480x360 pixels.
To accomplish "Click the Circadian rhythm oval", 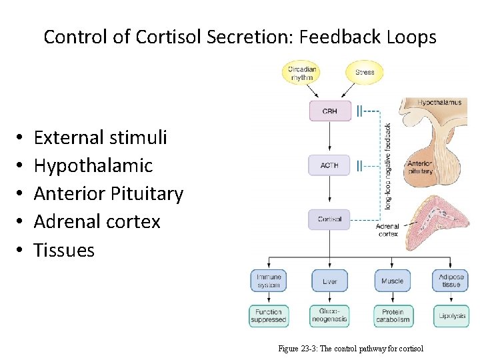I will (302, 73).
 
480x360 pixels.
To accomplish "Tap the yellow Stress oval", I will (365, 72).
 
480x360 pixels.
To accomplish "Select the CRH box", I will (329, 111).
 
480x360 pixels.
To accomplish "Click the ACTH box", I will (329, 165).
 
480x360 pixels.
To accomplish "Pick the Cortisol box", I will (329, 219).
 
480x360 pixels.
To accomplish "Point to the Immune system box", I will (269, 281).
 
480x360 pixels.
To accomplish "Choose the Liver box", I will (329, 281).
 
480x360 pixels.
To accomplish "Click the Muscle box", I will (392, 281).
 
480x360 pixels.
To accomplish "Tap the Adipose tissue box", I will (451, 281).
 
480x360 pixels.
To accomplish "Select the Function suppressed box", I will (269, 315).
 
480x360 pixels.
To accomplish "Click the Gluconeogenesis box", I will (329, 315).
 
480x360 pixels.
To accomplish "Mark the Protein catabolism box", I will (392, 315).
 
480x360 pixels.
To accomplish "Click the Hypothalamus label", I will (439, 103).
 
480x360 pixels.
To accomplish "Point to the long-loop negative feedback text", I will (388, 166).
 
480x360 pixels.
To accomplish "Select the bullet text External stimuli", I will (100, 137).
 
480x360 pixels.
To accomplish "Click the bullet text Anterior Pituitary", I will (108, 193).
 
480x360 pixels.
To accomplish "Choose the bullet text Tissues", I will (64, 250).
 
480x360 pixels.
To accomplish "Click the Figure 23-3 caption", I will (350, 349).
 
